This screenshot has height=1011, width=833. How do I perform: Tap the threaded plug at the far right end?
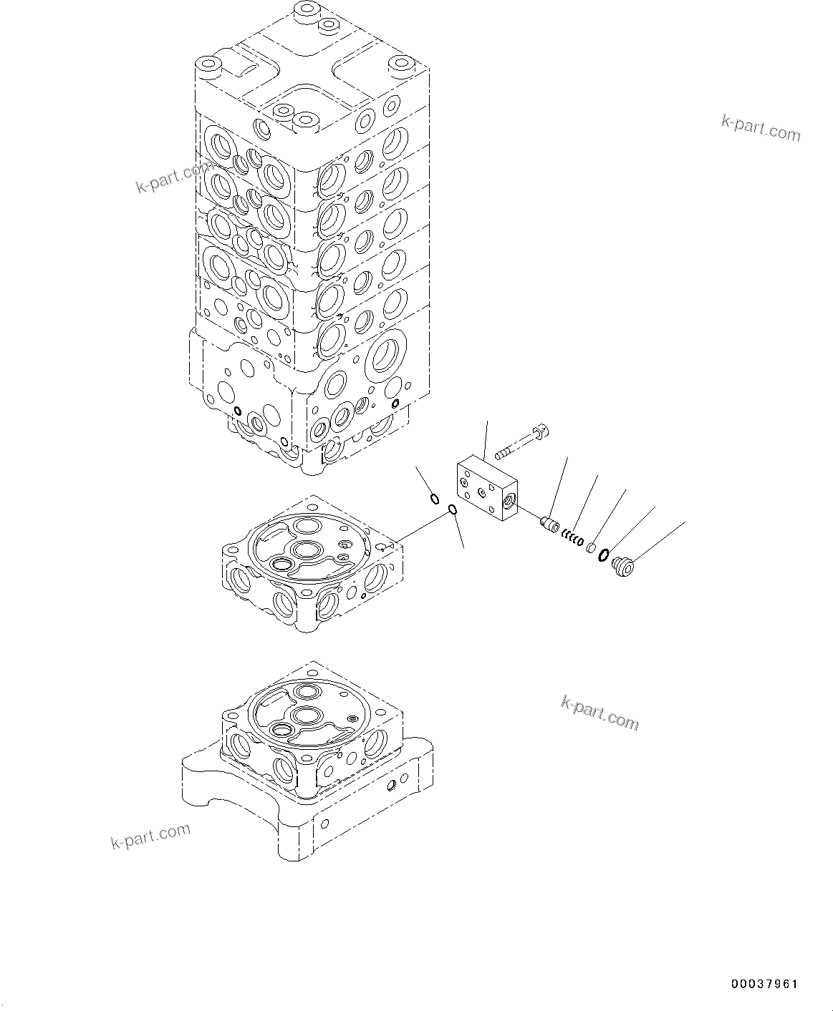pos(625,567)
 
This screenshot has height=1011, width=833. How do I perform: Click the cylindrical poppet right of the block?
pos(549,526)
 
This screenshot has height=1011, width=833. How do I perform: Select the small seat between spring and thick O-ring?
pos(591,548)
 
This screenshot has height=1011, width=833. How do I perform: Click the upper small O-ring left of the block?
pos(434,499)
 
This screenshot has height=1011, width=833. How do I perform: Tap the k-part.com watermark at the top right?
pos(761,129)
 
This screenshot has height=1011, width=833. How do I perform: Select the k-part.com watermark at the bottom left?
pos(150,836)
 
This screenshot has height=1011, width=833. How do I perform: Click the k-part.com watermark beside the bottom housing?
pos(600,713)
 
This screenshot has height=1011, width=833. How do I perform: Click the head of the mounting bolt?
pos(543,431)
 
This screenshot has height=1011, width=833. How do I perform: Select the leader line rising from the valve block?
pos(486,439)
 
